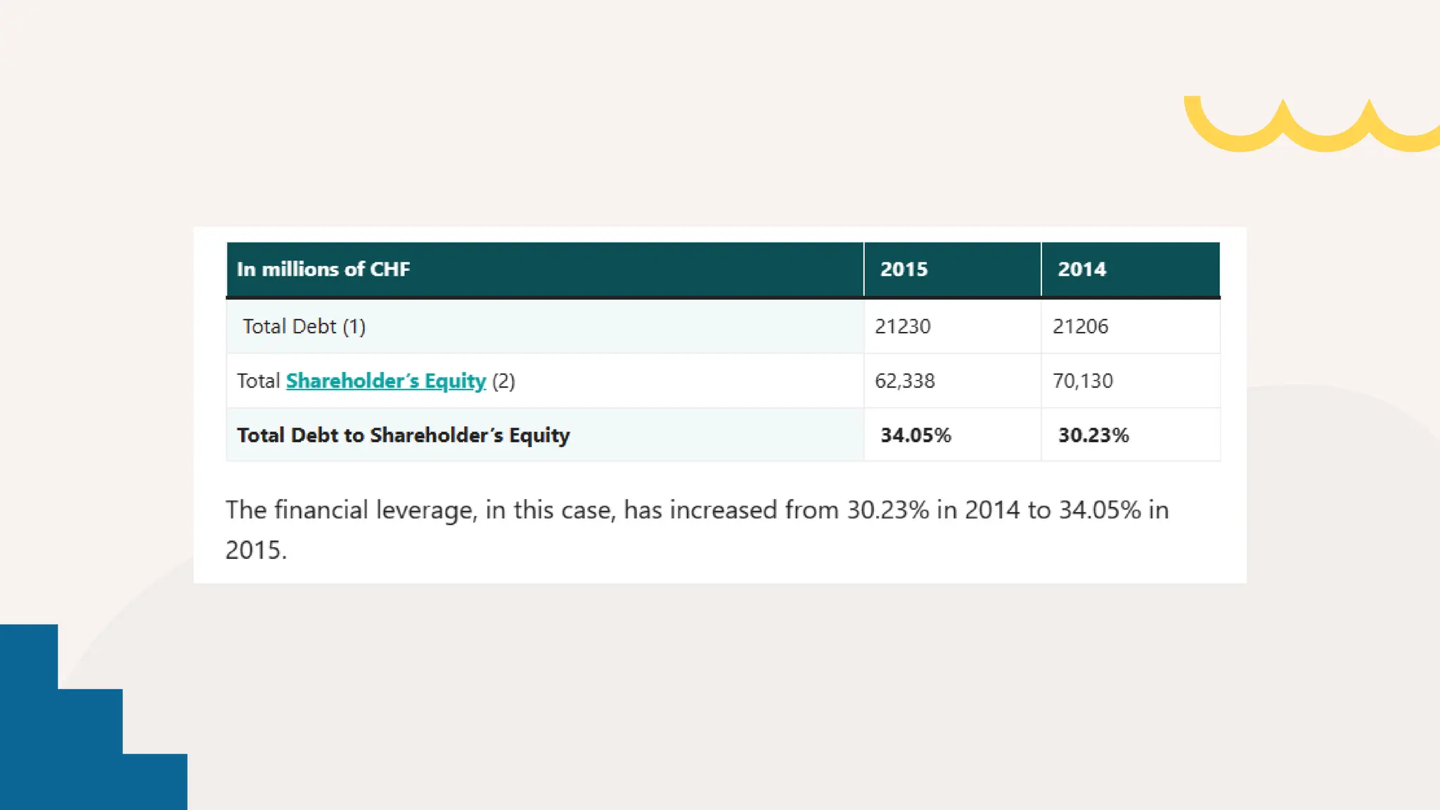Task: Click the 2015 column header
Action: (x=904, y=269)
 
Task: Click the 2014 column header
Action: (x=1081, y=269)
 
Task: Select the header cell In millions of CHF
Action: (x=323, y=269)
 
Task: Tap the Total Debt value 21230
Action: (x=902, y=326)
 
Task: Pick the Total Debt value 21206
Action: (x=1080, y=326)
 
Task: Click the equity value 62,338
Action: (x=904, y=381)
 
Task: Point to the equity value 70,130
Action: (x=1082, y=381)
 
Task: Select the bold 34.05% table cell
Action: (x=915, y=435)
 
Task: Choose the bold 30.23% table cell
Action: (x=1093, y=435)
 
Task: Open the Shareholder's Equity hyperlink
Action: (x=385, y=381)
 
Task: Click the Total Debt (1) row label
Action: (x=304, y=326)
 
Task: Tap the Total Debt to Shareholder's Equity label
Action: (x=403, y=435)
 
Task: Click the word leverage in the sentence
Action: (x=426, y=510)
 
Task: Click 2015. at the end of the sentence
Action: (x=256, y=550)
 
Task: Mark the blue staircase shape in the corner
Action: (x=63, y=745)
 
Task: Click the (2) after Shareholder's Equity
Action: (x=503, y=381)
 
